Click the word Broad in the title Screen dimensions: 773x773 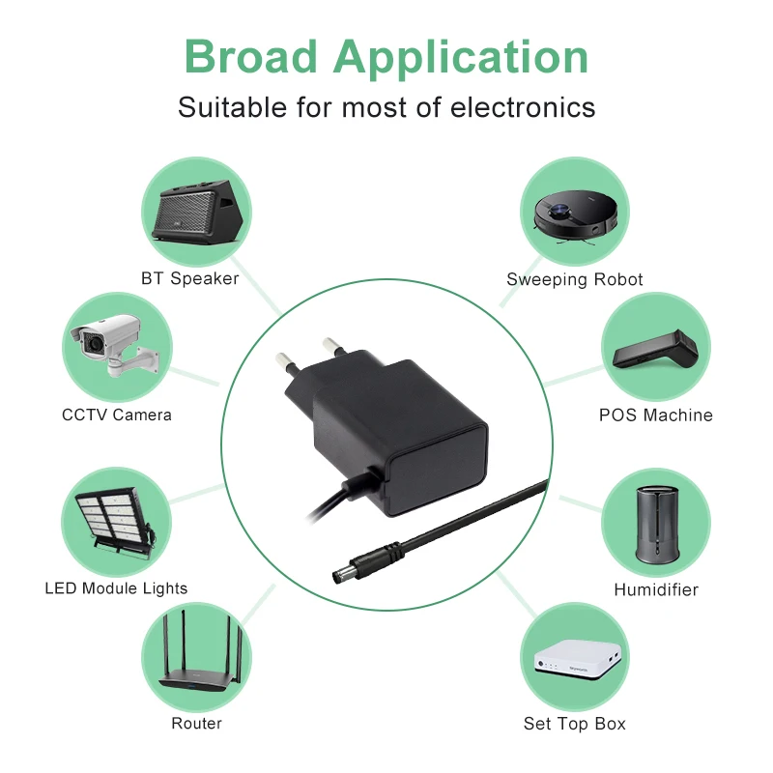pyautogui.click(x=250, y=57)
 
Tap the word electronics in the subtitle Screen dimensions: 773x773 pyautogui.click(x=523, y=107)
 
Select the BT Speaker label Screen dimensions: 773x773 pyautogui.click(x=189, y=279)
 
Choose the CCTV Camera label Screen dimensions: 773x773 pyautogui.click(x=117, y=415)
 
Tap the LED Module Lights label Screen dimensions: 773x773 pyautogui.click(x=116, y=588)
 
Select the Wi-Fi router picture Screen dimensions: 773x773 pyautogui.click(x=196, y=654)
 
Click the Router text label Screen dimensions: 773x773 pyautogui.click(x=196, y=723)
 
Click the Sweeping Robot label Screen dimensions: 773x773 pyautogui.click(x=575, y=280)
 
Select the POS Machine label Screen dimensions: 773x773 pyautogui.click(x=656, y=415)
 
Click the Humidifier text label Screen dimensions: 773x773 pyautogui.click(x=656, y=589)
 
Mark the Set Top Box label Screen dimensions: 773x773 pyautogui.click(x=575, y=724)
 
